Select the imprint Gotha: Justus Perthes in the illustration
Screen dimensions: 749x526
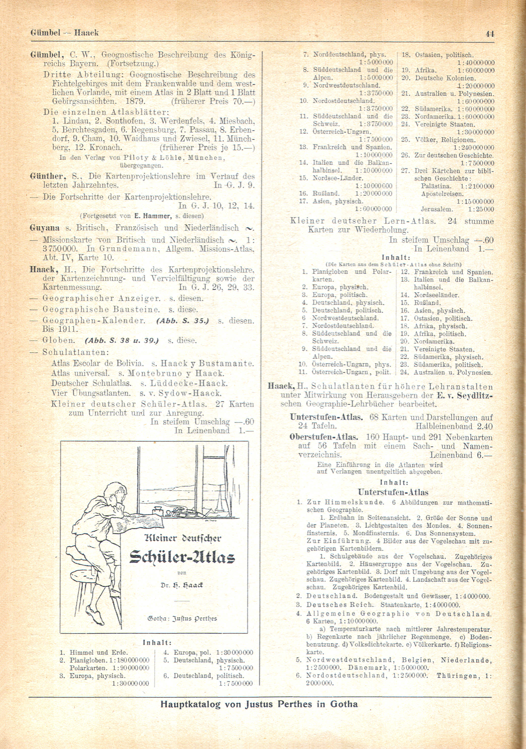(182, 619)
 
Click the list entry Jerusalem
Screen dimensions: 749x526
(437, 209)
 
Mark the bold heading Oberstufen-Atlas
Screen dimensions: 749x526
(324, 437)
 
